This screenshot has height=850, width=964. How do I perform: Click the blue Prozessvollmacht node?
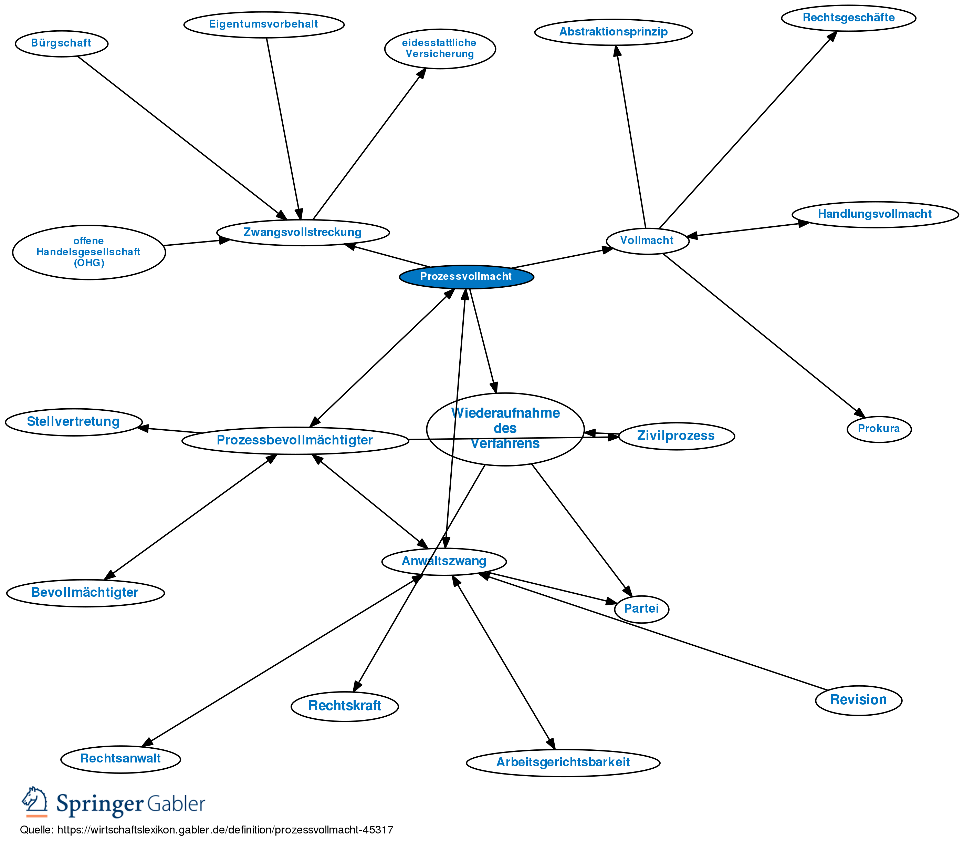pos(466,277)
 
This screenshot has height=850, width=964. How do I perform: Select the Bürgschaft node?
pos(61,43)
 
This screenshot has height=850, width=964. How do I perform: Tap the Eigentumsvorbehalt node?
pos(264,24)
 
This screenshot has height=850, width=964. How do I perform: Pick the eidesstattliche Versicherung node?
pos(440,49)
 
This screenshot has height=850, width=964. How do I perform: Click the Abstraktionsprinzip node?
pos(613,32)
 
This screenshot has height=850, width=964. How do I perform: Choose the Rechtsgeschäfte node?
pos(848,18)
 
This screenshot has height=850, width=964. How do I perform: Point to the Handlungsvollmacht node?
pos(875,214)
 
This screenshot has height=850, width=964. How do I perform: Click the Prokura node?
pos(879,429)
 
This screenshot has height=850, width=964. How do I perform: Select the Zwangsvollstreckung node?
pos(303,233)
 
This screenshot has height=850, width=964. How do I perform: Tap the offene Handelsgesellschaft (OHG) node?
pos(89,252)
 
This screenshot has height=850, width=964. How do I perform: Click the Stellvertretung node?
pos(74,422)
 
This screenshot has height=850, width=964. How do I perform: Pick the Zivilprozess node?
pos(676,436)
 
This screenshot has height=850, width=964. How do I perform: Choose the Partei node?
pos(641,609)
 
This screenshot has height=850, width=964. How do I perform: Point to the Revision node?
pos(858,700)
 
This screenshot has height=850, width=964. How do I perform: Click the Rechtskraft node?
pos(344,706)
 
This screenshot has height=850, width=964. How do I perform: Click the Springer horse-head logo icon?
pos(35,801)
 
